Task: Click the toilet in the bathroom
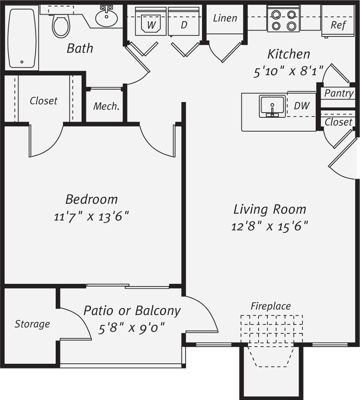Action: click(x=61, y=25)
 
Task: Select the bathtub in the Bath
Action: click(x=23, y=38)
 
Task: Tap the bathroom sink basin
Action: click(x=107, y=17)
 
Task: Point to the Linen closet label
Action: click(x=225, y=18)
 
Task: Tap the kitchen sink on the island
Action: click(x=272, y=106)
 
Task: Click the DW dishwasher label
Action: click(x=302, y=106)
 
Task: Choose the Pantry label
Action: click(x=339, y=93)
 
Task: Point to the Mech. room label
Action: click(x=106, y=106)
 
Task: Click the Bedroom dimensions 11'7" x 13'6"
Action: click(x=91, y=217)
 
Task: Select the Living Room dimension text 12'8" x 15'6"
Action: click(x=269, y=226)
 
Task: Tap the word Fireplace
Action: click(x=270, y=306)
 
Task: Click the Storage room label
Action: click(x=32, y=324)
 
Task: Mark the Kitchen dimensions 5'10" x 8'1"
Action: click(x=289, y=71)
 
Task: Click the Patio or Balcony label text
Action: click(x=132, y=311)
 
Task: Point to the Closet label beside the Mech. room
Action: click(x=43, y=101)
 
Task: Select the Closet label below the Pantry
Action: click(x=339, y=122)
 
